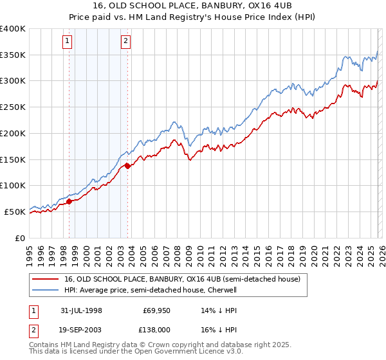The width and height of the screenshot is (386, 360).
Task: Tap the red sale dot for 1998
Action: [69, 201]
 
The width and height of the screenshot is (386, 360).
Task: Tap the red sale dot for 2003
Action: [127, 166]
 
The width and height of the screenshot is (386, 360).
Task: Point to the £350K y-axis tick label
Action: [13, 55]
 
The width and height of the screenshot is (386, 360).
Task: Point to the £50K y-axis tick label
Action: [15, 212]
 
